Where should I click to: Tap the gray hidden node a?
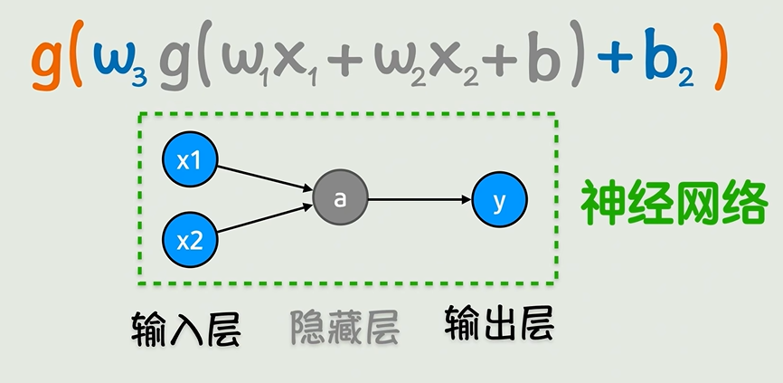coord(340,199)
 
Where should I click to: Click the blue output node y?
coord(499,200)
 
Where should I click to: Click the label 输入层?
coord(186,328)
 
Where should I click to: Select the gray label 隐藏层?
coord(344,329)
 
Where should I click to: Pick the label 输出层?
coord(498,323)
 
